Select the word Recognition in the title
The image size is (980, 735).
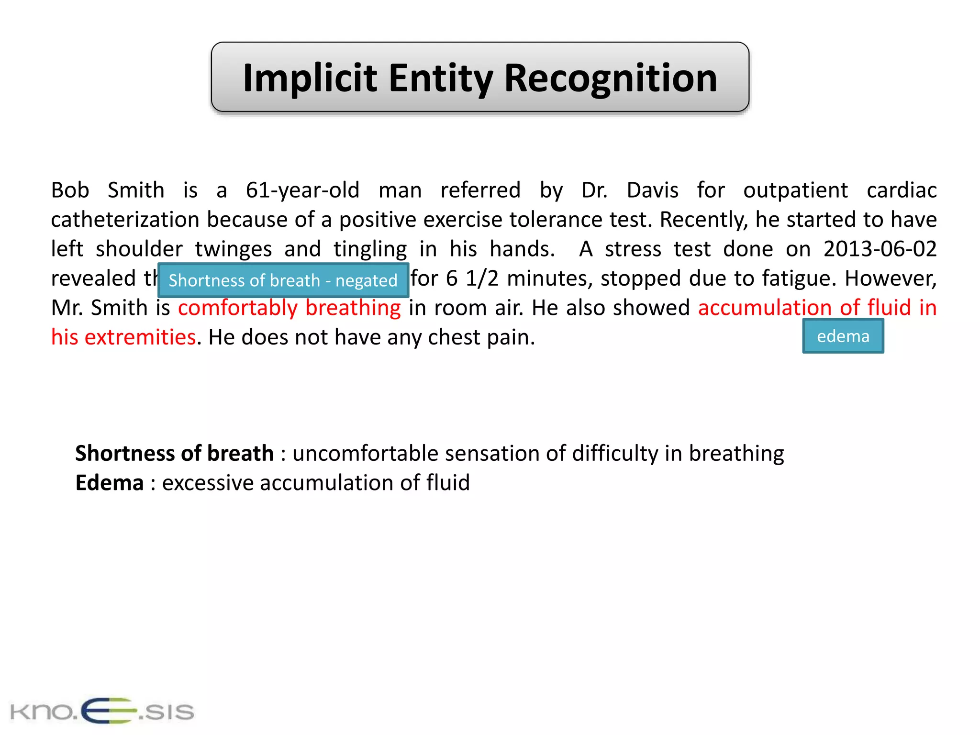(611, 78)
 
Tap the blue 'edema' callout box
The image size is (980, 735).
(843, 336)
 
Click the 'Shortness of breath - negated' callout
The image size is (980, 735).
(283, 280)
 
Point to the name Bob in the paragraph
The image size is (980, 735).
(70, 190)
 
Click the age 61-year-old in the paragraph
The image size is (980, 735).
(302, 190)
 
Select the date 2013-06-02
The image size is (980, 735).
(880, 249)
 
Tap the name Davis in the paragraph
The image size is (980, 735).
(652, 190)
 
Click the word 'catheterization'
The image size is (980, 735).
(125, 220)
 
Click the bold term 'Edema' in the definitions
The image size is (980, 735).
(110, 483)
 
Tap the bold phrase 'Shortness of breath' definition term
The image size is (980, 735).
(174, 453)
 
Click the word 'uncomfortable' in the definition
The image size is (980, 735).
(365, 453)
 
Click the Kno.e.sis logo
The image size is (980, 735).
(102, 711)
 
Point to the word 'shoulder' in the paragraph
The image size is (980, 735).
(139, 249)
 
